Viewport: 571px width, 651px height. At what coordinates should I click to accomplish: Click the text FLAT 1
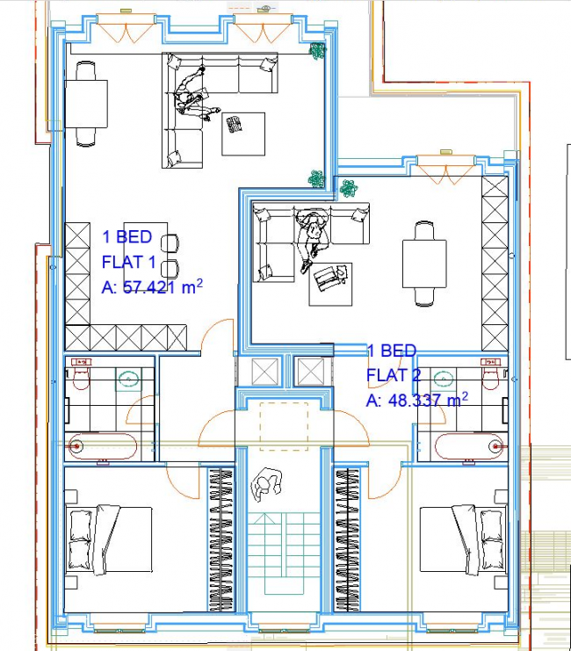(129, 261)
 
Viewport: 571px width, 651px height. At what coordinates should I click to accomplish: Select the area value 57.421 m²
(161, 286)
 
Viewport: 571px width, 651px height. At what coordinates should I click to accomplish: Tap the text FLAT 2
(392, 375)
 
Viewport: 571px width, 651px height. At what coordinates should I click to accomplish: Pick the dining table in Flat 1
(87, 103)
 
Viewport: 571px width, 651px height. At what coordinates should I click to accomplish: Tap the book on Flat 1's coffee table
(235, 125)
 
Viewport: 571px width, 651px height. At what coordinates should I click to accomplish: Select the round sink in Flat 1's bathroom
(129, 380)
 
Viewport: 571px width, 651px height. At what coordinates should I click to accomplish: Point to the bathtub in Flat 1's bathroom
(104, 446)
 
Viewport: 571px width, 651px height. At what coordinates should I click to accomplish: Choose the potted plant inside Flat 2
(349, 188)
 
